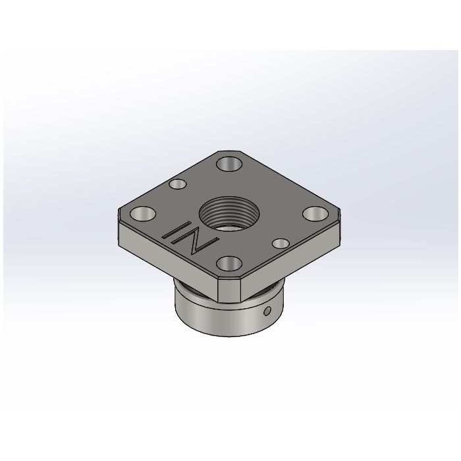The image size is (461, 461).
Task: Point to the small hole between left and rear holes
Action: tap(177, 185)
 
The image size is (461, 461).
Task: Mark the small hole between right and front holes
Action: tap(280, 243)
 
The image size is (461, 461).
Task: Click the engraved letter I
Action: tap(176, 232)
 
